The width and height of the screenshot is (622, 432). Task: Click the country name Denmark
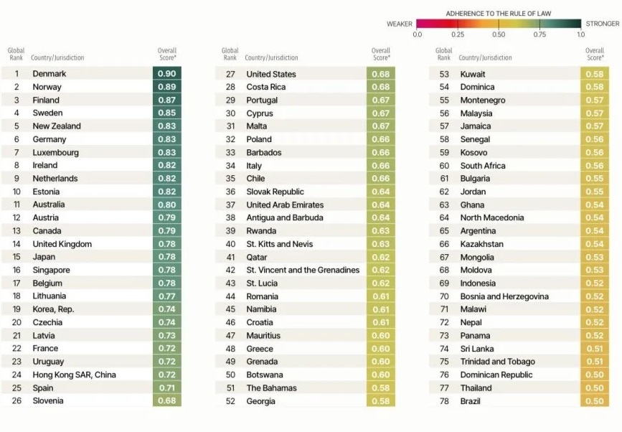click(50, 74)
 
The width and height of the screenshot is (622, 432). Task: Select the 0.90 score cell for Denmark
click(166, 74)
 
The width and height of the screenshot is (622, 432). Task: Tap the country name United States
click(271, 74)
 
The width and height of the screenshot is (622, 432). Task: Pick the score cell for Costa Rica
click(380, 87)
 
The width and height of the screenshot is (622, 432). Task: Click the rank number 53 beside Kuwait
click(444, 74)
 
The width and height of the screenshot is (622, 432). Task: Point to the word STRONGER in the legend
click(603, 24)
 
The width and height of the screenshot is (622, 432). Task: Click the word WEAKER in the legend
click(400, 24)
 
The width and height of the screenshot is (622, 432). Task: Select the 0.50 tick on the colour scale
click(499, 34)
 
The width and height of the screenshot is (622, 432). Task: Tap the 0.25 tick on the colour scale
click(458, 34)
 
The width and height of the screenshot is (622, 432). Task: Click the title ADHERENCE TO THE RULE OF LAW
click(499, 13)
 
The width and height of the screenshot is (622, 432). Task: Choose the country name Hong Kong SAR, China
click(74, 375)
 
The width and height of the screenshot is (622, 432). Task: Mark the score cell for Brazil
click(594, 401)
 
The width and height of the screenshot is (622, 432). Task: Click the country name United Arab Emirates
click(285, 205)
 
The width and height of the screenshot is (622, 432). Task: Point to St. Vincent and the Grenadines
click(303, 270)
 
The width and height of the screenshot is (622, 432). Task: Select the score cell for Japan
click(166, 257)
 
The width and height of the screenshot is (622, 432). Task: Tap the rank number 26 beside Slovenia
click(16, 401)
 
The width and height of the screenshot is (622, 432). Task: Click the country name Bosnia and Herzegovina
click(504, 296)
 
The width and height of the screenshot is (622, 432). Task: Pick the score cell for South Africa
click(594, 166)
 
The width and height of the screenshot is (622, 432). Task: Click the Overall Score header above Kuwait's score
click(595, 54)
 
